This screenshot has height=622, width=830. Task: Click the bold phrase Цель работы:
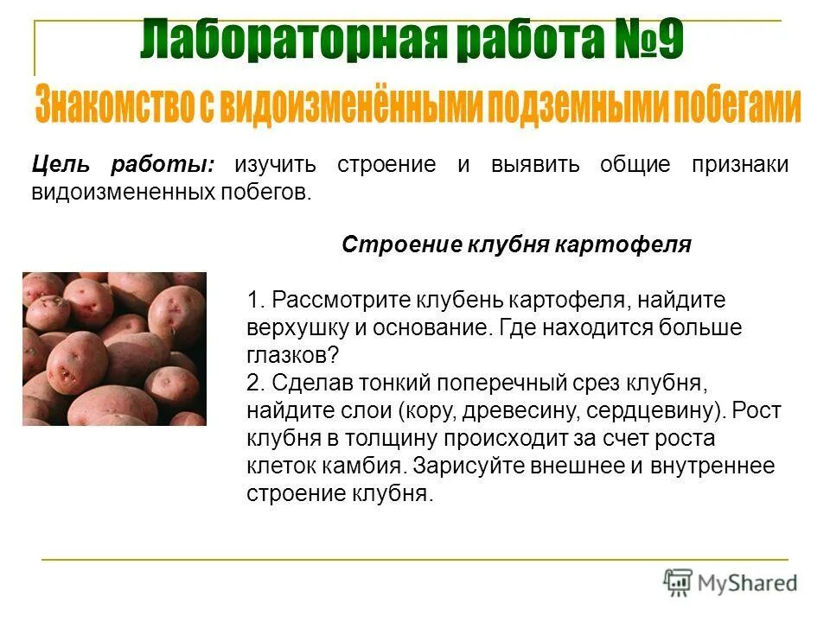[x=124, y=165]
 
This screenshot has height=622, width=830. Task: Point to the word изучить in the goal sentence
[x=275, y=165]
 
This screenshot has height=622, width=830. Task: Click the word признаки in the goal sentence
[x=739, y=165]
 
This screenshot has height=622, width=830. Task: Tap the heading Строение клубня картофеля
[x=516, y=244]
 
